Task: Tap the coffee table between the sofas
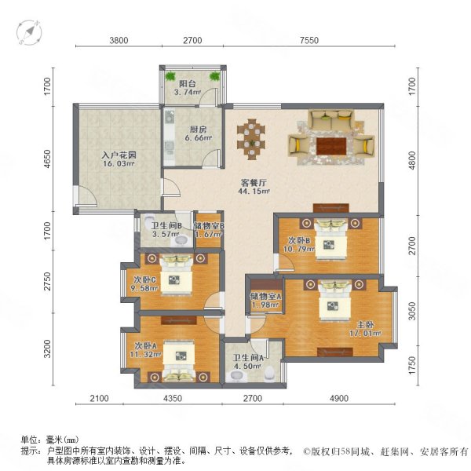(x=329, y=144)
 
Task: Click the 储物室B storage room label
(x=210, y=227)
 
